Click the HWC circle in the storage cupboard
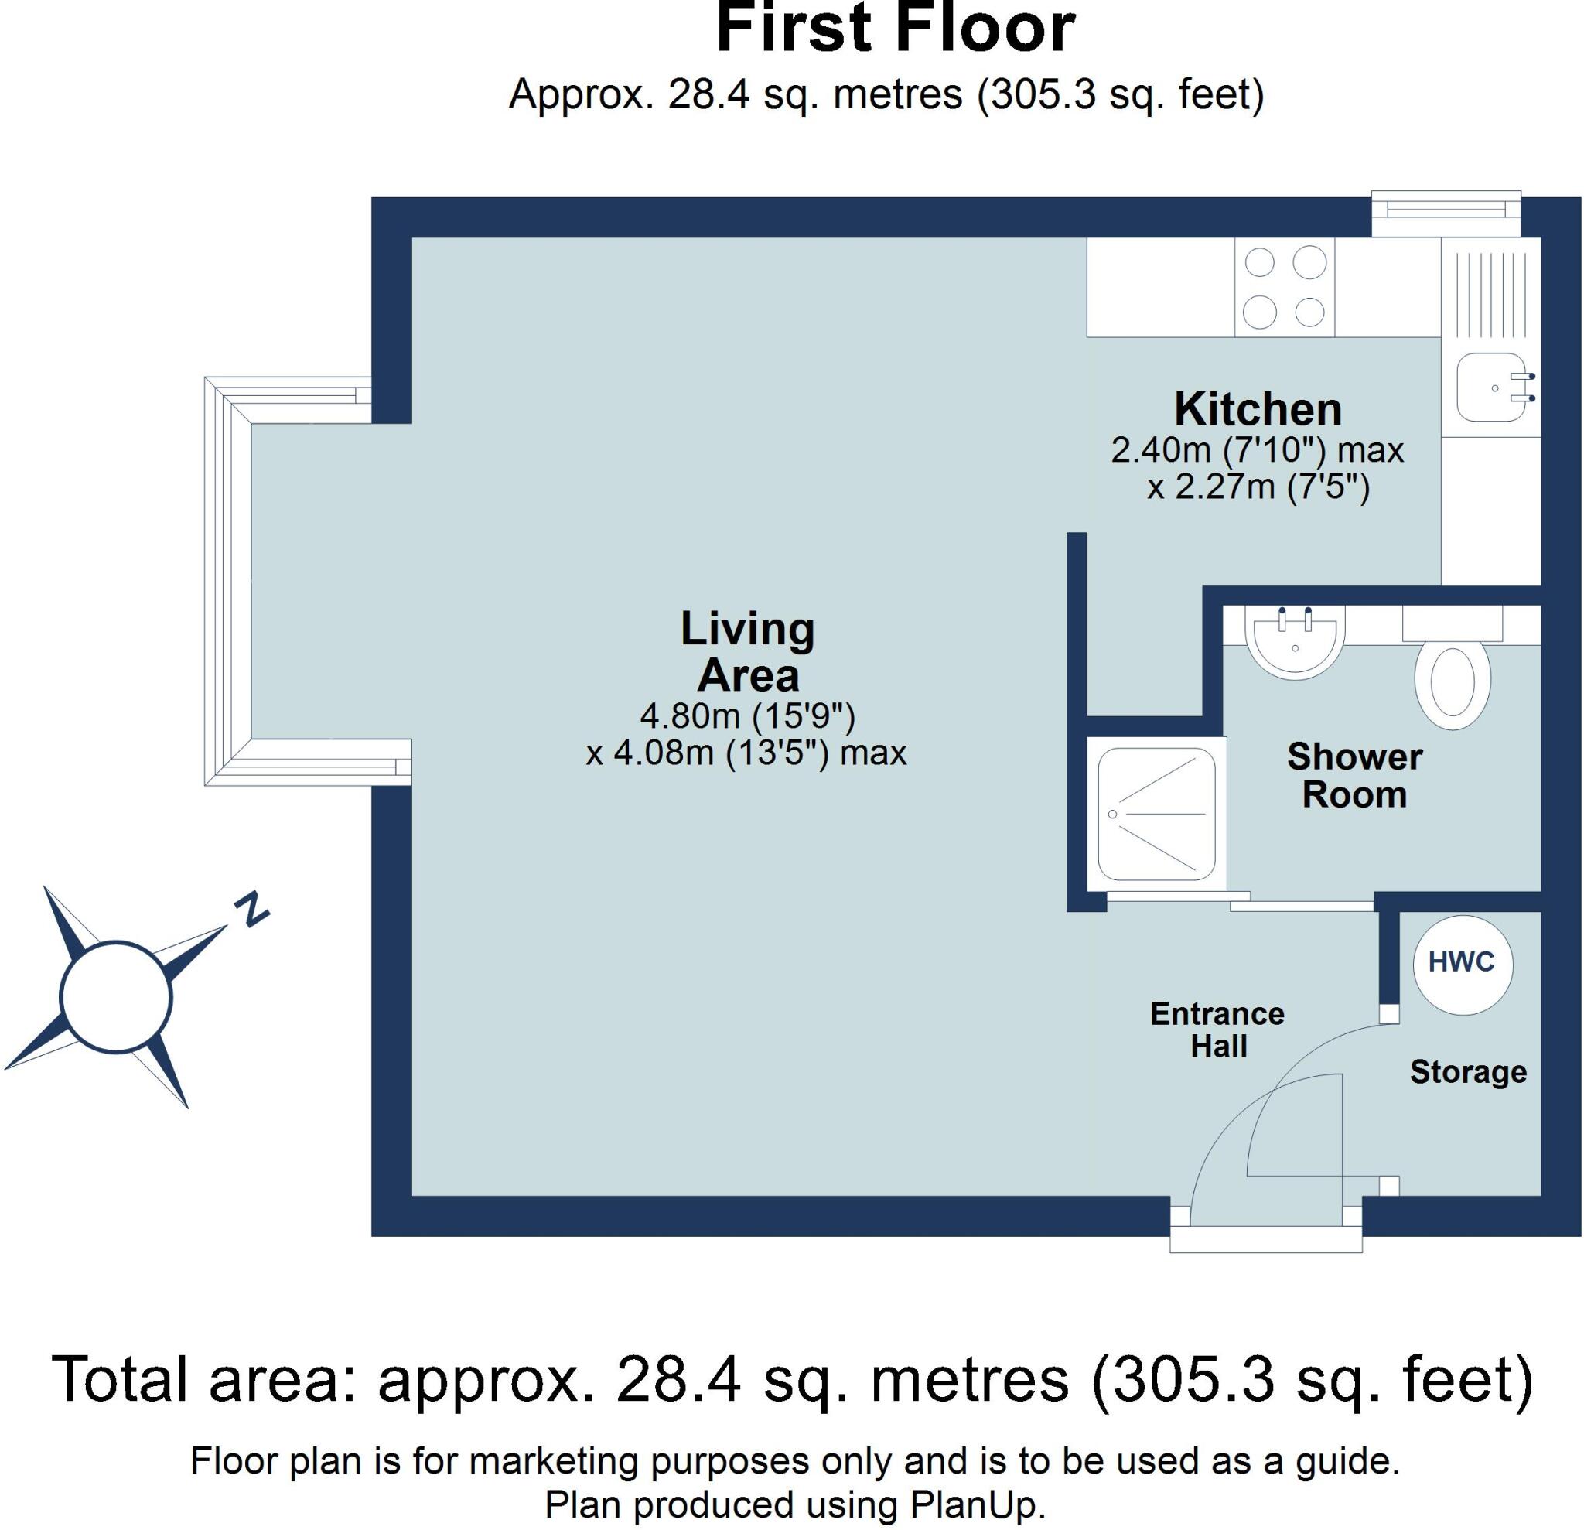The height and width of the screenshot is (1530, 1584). point(1463,964)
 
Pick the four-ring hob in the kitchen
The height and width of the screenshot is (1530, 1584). point(1284,287)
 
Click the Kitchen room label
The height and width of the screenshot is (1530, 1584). point(1258,409)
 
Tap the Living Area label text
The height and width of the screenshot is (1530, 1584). point(748,651)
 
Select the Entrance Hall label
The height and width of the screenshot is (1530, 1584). point(1217,1030)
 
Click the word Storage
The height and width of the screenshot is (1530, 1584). point(1468,1072)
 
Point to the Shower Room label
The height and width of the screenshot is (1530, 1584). point(1354,775)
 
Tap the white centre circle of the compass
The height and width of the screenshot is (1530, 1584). point(115,996)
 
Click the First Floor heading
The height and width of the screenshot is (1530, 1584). point(895,29)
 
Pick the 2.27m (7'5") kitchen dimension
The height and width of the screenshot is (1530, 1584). point(1258,487)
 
